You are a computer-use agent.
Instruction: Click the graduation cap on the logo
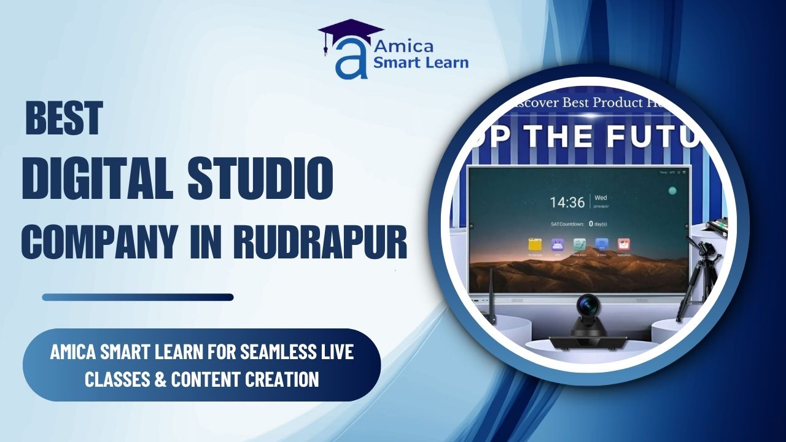(x=350, y=32)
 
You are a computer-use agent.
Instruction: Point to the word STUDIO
(x=260, y=178)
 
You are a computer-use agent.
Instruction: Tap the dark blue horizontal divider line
(x=138, y=297)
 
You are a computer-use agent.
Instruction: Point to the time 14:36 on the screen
(x=567, y=202)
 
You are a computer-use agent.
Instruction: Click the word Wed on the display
(x=601, y=198)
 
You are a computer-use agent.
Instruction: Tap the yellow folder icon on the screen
(x=534, y=244)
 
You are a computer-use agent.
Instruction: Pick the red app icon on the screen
(x=623, y=244)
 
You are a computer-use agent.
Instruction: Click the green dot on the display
(x=672, y=191)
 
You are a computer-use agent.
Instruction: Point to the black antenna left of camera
(x=492, y=301)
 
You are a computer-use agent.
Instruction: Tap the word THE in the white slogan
(x=569, y=136)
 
